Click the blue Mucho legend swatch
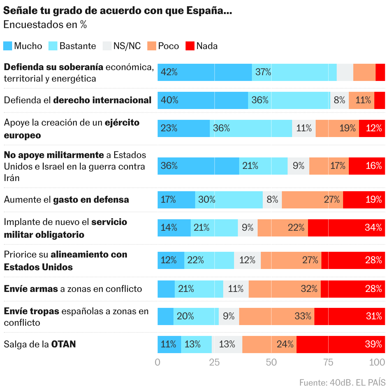click(8, 46)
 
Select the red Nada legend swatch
click(190, 46)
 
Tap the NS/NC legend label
click(127, 46)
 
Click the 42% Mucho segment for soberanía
click(204, 72)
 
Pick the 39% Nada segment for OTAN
click(341, 345)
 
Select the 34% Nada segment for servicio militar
click(346, 228)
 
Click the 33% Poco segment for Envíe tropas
click(276, 316)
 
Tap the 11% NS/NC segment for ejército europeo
click(304, 128)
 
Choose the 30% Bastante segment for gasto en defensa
click(229, 200)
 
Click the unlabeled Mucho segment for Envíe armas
click(166, 289)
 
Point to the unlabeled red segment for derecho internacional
click(379, 100)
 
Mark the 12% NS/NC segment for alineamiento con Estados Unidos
click(247, 260)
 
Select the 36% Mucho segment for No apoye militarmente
click(198, 166)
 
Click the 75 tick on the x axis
click(328, 362)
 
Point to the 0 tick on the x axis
click(158, 362)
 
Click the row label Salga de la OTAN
click(40, 345)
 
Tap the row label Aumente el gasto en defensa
click(66, 200)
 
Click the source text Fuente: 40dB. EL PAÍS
click(342, 382)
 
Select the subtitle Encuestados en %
click(45, 25)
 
